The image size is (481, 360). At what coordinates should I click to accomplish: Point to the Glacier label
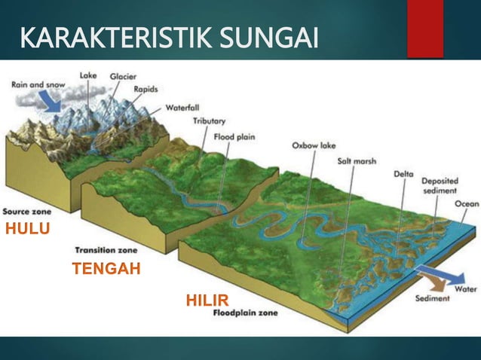tap(123, 76)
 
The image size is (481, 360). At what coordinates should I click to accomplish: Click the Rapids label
tap(146, 88)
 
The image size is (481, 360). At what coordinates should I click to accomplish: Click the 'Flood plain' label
tap(237, 137)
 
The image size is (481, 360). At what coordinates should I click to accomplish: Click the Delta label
tap(403, 174)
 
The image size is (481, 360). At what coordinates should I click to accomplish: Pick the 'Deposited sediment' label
tap(440, 185)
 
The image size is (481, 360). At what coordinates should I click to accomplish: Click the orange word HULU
tap(28, 230)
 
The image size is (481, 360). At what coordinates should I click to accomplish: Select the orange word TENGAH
tap(106, 268)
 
